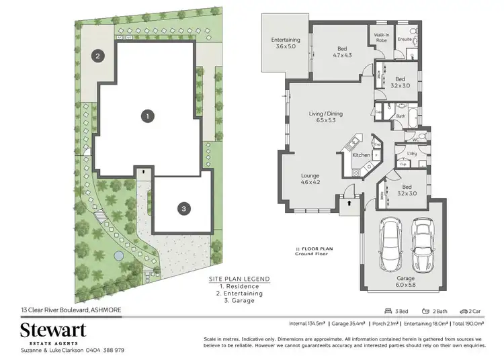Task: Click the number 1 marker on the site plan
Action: (x=146, y=116)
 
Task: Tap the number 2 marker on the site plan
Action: (x=98, y=56)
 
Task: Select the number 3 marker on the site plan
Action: (x=183, y=209)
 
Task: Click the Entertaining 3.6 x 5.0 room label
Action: (x=286, y=43)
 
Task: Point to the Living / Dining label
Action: (x=325, y=117)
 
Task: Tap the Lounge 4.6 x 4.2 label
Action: (x=310, y=180)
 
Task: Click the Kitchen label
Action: (x=362, y=155)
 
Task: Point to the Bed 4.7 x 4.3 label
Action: (x=343, y=51)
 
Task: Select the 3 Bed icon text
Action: (x=396, y=312)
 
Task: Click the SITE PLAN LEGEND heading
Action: (x=239, y=278)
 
